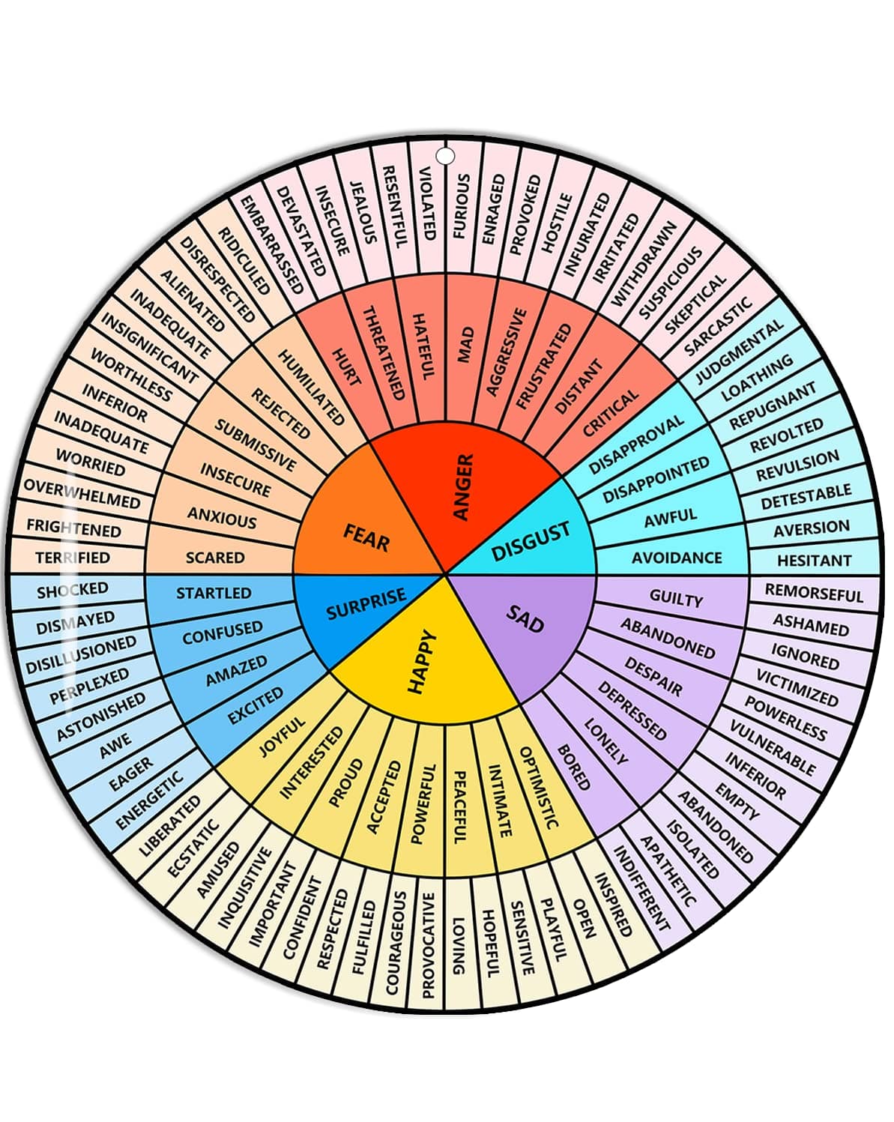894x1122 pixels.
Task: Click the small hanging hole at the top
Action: (x=445, y=156)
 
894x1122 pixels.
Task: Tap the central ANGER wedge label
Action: (x=464, y=486)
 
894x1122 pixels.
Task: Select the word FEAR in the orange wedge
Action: (x=366, y=537)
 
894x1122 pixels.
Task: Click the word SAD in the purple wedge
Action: (x=525, y=618)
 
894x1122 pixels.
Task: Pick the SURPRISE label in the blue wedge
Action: (x=366, y=603)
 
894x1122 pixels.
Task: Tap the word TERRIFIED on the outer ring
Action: (x=73, y=558)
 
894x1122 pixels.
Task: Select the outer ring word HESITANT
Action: (x=815, y=561)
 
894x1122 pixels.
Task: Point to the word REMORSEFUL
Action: (x=814, y=593)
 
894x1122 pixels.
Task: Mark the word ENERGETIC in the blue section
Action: (x=149, y=800)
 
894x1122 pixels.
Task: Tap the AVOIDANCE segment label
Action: (x=677, y=558)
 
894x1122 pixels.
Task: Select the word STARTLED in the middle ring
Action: (x=214, y=593)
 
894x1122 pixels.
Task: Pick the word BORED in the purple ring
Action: (x=574, y=767)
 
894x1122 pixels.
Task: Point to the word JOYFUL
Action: (x=283, y=737)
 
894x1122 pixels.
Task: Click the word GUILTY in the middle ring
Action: (x=676, y=599)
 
